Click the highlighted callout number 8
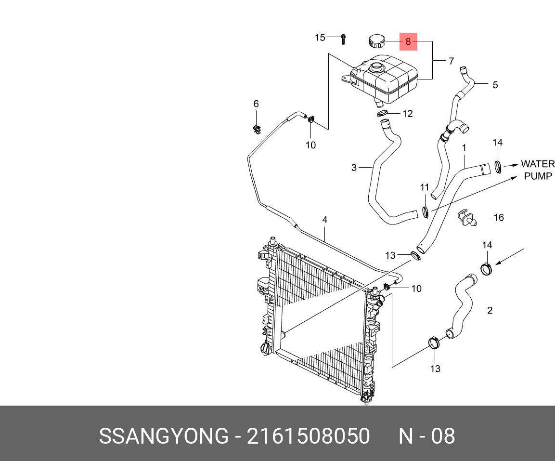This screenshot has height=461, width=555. point(408,42)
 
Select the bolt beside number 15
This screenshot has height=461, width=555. point(343,39)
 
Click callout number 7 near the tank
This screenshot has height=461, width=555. point(451,61)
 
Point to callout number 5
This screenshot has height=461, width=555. point(495,85)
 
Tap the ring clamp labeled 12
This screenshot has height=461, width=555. point(382,113)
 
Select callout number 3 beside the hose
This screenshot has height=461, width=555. point(354,168)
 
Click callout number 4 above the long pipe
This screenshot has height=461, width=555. point(324,220)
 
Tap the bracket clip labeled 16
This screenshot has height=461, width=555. point(467,218)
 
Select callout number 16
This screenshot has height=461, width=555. point(498,217)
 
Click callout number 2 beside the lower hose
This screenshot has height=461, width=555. point(490,310)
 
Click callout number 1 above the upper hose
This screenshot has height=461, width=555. point(464,148)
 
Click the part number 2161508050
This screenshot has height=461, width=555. point(308,436)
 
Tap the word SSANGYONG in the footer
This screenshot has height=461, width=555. point(164,436)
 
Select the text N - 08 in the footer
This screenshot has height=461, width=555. point(427,436)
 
